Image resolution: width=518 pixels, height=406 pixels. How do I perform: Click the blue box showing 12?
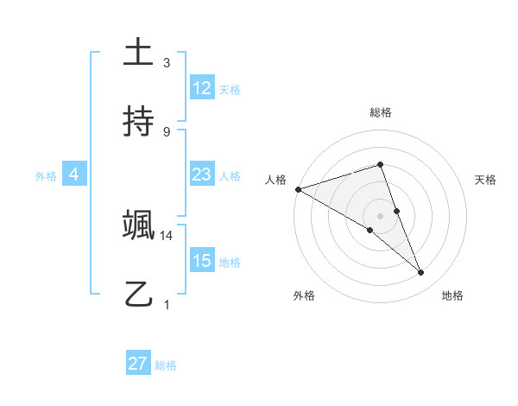click(201, 88)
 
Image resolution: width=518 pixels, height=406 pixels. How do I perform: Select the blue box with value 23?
click(201, 174)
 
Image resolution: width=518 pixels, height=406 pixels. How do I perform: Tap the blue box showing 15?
click(201, 261)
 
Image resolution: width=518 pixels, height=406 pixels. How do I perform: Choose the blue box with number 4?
click(73, 174)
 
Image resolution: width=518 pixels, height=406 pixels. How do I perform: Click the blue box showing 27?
click(137, 364)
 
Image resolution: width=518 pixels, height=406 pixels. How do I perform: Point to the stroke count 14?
click(167, 235)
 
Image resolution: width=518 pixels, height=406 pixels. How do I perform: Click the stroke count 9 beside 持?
click(167, 131)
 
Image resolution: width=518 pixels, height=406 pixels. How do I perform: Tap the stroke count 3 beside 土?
click(167, 63)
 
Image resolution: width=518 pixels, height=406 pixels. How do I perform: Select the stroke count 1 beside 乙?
click(167, 304)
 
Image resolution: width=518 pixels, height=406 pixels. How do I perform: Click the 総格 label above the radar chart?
click(381, 112)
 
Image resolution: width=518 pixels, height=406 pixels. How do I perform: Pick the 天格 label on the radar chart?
click(486, 180)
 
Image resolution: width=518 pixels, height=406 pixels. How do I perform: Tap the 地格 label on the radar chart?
click(452, 295)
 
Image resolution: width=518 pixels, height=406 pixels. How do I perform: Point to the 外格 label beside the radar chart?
click(304, 295)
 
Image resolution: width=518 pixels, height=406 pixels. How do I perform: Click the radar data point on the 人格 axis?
click(298, 189)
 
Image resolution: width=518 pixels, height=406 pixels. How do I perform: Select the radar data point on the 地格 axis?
click(421, 273)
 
